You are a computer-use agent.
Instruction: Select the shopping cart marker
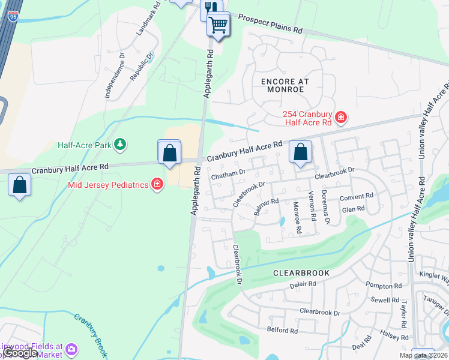(x=218, y=25)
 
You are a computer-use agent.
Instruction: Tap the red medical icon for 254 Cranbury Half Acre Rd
(x=340, y=116)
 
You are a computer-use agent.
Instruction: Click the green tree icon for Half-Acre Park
(x=120, y=145)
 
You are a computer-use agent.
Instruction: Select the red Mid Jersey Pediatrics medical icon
(x=157, y=184)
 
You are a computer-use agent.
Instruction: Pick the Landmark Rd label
(x=149, y=18)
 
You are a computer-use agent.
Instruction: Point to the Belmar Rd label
(x=267, y=207)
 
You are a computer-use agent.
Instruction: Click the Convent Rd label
(x=357, y=196)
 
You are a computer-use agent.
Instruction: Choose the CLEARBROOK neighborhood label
(x=301, y=272)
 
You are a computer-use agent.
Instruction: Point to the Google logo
(x=20, y=353)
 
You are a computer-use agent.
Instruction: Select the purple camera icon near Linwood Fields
(x=71, y=349)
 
